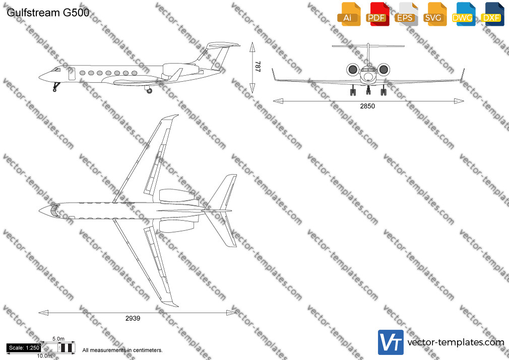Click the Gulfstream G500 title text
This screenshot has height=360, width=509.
[48, 13]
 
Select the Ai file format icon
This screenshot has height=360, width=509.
[349, 14]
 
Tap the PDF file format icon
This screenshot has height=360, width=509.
[377, 14]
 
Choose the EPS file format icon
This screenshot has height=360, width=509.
[406, 14]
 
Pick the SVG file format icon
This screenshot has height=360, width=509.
[434, 14]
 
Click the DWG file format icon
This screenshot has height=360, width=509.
[464, 14]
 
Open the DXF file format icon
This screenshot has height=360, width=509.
[492, 14]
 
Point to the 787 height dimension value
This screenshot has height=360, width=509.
[258, 66]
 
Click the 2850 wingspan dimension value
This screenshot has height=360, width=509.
[367, 106]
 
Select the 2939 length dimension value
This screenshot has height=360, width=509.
[133, 319]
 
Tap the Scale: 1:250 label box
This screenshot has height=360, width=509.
[24, 348]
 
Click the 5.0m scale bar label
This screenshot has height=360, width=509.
[58, 339]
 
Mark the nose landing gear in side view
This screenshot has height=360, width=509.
[56, 87]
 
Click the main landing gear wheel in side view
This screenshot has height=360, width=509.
[149, 91]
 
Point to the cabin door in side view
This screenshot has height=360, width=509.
[72, 74]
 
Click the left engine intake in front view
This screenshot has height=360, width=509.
[353, 70]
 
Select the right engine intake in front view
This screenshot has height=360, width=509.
[384, 70]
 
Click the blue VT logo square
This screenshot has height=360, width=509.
[391, 342]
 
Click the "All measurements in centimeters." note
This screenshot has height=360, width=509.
[122, 350]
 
